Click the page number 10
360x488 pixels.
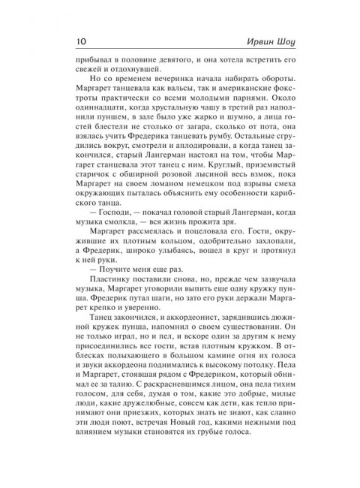(x=79, y=40)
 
